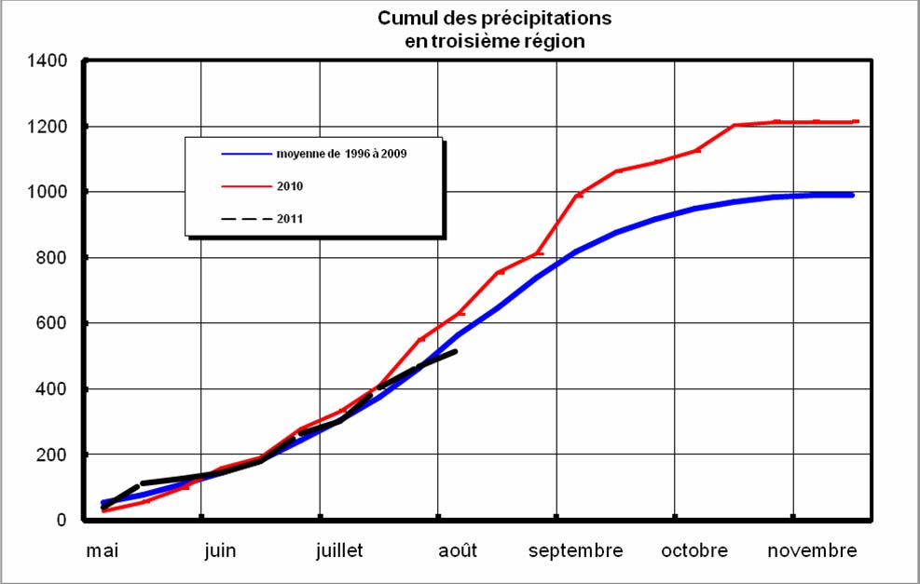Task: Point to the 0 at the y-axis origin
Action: [62, 520]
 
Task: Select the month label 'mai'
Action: [103, 550]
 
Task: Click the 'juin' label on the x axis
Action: [220, 550]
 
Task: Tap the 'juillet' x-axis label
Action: [338, 550]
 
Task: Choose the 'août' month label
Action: [457, 550]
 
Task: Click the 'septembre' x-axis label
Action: [575, 550]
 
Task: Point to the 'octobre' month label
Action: [693, 550]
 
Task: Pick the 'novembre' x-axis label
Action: [812, 550]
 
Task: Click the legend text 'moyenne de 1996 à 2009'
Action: [341, 154]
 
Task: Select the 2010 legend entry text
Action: [290, 186]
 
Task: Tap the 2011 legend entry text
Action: [290, 219]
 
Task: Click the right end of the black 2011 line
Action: [456, 351]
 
